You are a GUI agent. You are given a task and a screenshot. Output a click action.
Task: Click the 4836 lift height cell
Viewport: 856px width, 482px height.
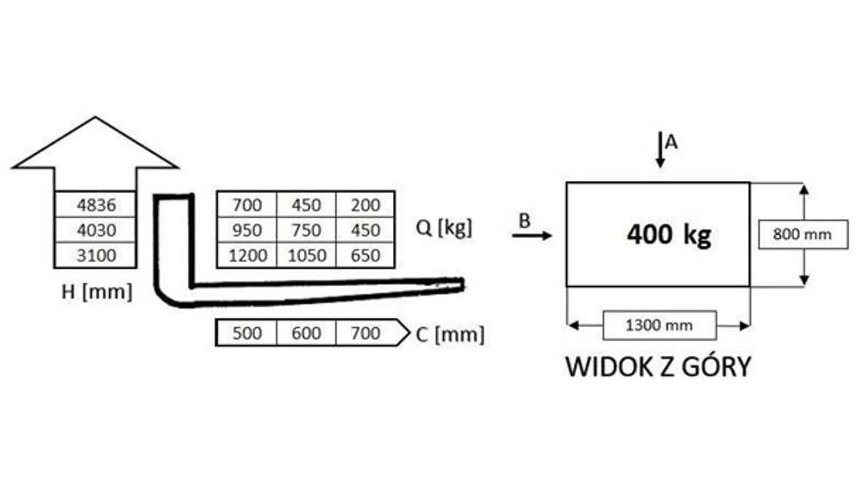pyautogui.click(x=96, y=204)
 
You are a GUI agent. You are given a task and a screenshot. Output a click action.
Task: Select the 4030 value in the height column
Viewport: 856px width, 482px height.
pyautogui.click(x=96, y=230)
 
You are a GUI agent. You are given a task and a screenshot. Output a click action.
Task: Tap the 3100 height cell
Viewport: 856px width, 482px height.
pyautogui.click(x=96, y=255)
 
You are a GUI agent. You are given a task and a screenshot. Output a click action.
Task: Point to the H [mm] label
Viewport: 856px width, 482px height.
pyautogui.click(x=96, y=291)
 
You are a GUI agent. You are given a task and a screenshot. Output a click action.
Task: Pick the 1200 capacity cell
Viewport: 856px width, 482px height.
pyautogui.click(x=248, y=255)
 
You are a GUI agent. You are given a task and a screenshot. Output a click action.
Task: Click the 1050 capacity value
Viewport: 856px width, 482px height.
pyautogui.click(x=306, y=255)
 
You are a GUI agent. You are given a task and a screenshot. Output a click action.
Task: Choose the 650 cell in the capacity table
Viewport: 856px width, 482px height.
pyautogui.click(x=365, y=255)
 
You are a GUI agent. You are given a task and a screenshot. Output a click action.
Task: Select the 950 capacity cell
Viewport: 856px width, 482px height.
pyautogui.click(x=248, y=230)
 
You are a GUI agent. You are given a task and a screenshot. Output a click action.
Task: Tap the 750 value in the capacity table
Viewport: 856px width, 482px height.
pyautogui.click(x=306, y=230)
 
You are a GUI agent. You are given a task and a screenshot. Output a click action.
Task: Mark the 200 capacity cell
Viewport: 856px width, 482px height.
pyautogui.click(x=365, y=204)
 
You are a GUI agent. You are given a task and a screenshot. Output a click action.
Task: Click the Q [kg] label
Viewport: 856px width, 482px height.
pyautogui.click(x=444, y=227)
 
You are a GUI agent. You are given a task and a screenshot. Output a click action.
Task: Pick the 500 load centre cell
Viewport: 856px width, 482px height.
pyautogui.click(x=247, y=333)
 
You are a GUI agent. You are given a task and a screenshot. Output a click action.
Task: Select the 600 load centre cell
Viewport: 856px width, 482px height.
pyautogui.click(x=306, y=333)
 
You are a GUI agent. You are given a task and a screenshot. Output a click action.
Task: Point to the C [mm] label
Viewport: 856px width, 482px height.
pyautogui.click(x=450, y=334)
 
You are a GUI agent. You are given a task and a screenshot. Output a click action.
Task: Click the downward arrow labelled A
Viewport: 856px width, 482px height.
pyautogui.click(x=660, y=150)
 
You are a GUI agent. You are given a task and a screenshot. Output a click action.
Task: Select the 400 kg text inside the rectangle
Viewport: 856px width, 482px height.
pyautogui.click(x=669, y=234)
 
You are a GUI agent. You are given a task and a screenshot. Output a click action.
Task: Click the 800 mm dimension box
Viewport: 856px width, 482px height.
pyautogui.click(x=803, y=234)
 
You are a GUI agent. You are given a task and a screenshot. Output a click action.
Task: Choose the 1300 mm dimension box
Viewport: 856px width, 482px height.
pyautogui.click(x=660, y=325)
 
